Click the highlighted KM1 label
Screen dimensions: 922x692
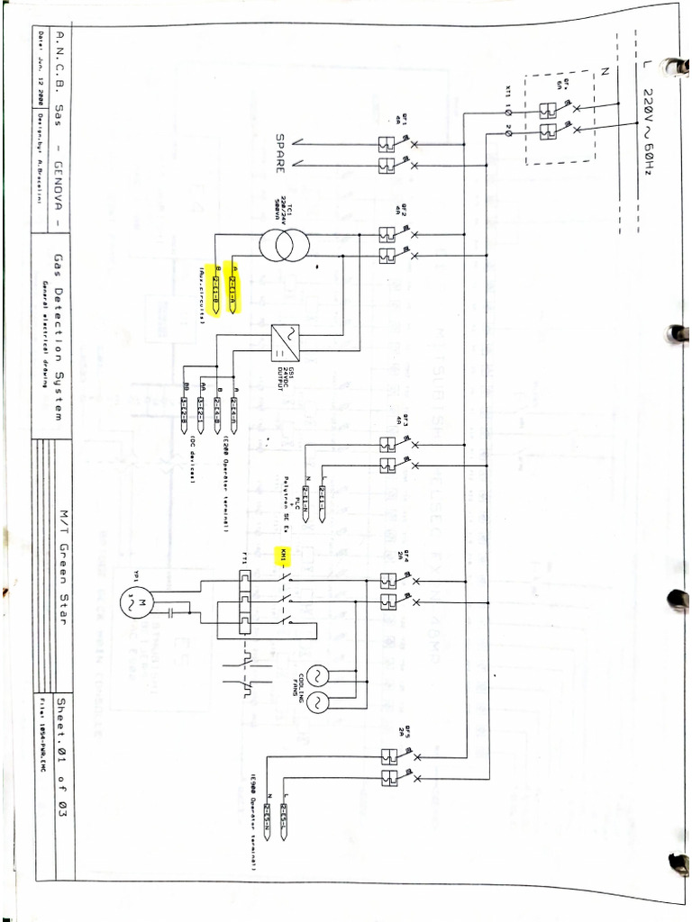click(283, 552)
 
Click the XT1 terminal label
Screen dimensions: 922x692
click(509, 94)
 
